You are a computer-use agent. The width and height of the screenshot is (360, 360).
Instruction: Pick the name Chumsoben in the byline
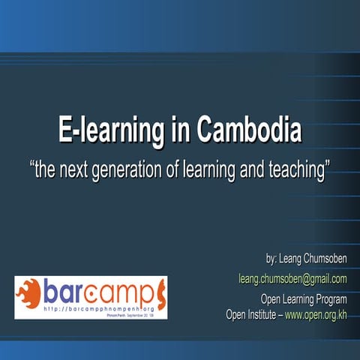(x=324, y=259)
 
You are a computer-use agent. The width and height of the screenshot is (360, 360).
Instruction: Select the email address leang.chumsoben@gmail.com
(x=292, y=279)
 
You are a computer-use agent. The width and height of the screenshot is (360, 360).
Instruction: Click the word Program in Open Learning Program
(x=330, y=301)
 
